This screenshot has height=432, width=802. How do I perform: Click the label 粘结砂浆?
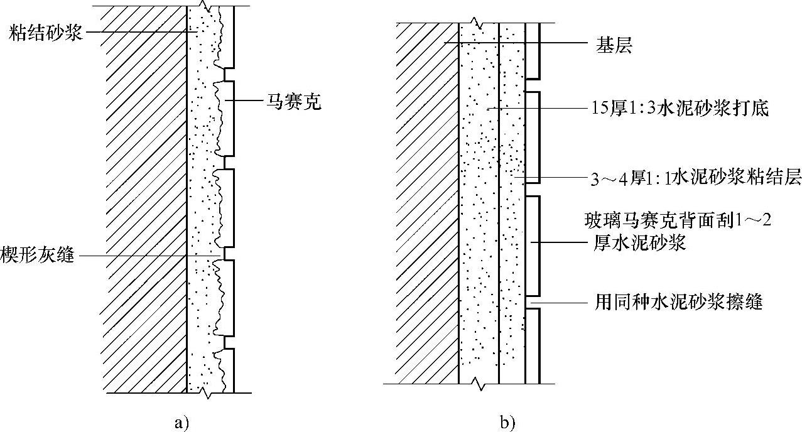(46, 33)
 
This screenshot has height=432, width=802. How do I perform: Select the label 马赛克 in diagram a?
(291, 102)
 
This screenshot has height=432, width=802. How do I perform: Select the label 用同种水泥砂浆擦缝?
(679, 303)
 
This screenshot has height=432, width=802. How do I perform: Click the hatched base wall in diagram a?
(146, 201)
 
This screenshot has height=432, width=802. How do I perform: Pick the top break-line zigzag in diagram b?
(478, 24)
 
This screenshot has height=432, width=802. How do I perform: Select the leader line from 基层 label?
(515, 43)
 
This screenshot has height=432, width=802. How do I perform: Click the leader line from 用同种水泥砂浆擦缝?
(559, 303)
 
